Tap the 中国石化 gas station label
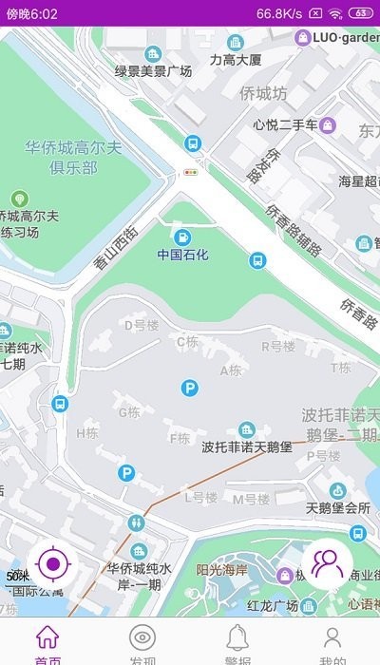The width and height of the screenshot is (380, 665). point(182,255)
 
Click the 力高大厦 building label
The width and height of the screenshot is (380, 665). point(236,59)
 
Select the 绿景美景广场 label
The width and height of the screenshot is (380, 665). point(153,71)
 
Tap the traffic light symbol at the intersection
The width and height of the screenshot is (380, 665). point(192,173)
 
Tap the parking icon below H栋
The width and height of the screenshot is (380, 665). point(125,472)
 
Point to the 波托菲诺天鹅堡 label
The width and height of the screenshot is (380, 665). point(246,446)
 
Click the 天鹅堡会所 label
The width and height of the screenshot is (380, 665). point(337,507)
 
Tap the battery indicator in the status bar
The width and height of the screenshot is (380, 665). point(361,13)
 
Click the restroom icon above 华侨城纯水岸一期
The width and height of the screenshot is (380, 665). point(140,522)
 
